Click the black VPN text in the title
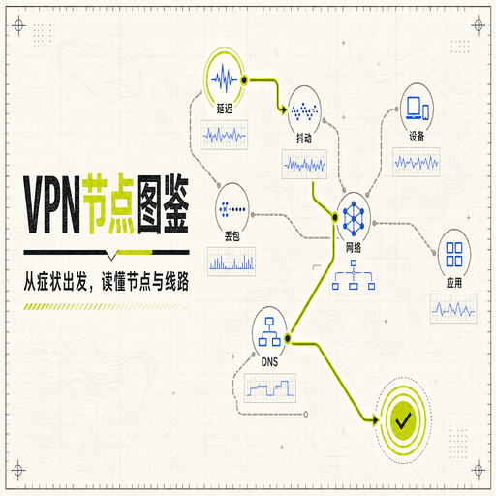(x=51, y=204)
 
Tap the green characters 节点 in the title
(x=108, y=203)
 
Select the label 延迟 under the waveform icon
(x=225, y=108)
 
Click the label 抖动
(x=304, y=139)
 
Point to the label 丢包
(x=232, y=236)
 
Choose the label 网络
(x=354, y=248)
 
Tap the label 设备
(x=417, y=136)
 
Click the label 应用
(x=454, y=283)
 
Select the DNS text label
(x=269, y=362)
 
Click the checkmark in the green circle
(x=403, y=420)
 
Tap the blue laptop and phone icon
(x=418, y=108)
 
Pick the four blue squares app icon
(x=454, y=255)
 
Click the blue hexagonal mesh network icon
(x=354, y=219)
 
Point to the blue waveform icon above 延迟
(x=225, y=78)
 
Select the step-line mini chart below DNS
(x=270, y=387)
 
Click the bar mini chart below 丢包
(x=232, y=262)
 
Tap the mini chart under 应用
(x=453, y=308)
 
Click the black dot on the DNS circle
(x=288, y=338)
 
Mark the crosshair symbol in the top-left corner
(x=19, y=25)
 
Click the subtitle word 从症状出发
(x=55, y=282)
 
